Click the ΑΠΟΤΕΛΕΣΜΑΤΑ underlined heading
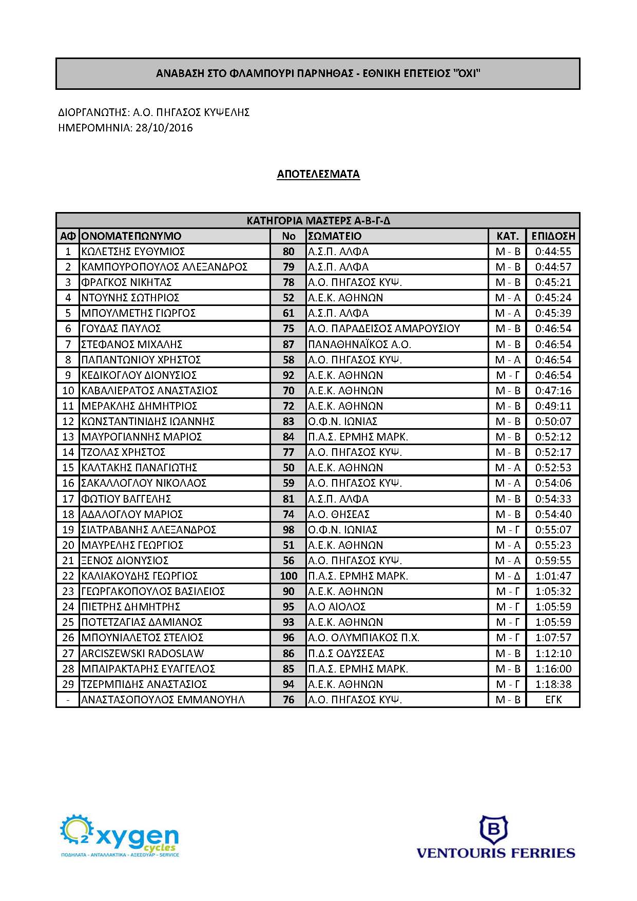coord(318,174)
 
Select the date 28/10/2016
coord(164,128)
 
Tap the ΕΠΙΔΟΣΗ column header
coord(553,236)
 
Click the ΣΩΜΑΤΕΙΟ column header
coord(335,236)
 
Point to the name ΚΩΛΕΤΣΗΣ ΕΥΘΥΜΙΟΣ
coord(133,252)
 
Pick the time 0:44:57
coord(553,267)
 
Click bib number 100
coord(288,576)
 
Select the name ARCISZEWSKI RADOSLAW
coord(142,654)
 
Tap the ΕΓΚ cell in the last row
coord(553,700)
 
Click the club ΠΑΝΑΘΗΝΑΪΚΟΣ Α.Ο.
coord(359,344)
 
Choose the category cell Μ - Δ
coord(508,576)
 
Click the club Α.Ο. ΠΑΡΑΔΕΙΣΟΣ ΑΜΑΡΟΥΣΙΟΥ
coord(384,329)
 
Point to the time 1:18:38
coord(553,684)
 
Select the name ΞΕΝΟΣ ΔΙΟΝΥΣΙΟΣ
coord(125,561)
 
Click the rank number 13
coord(68,437)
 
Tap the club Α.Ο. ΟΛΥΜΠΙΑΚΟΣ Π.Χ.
coord(363,638)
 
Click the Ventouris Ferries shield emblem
coord(493,830)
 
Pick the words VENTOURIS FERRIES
coord(495,854)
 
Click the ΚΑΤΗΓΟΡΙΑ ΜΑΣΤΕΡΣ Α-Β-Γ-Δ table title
coord(318,221)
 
